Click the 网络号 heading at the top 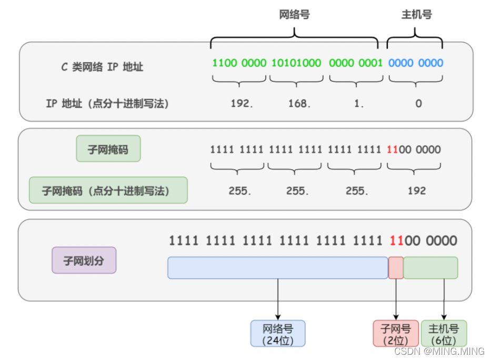[x=294, y=15]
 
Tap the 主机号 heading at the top [x=416, y=15]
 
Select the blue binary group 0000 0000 [x=416, y=63]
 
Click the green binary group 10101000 [x=296, y=63]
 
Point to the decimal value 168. [x=299, y=104]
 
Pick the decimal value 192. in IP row [x=242, y=104]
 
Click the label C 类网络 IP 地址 [x=102, y=67]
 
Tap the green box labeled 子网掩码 [x=108, y=149]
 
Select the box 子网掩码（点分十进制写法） [x=108, y=190]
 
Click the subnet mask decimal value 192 [x=416, y=191]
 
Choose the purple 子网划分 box [x=84, y=260]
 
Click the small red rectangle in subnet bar [x=396, y=268]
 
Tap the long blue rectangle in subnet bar [x=277, y=268]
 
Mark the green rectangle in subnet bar [x=430, y=268]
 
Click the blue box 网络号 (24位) [x=277, y=334]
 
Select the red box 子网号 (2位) [x=396, y=334]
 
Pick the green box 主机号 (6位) [x=444, y=334]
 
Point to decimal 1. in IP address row [x=359, y=104]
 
